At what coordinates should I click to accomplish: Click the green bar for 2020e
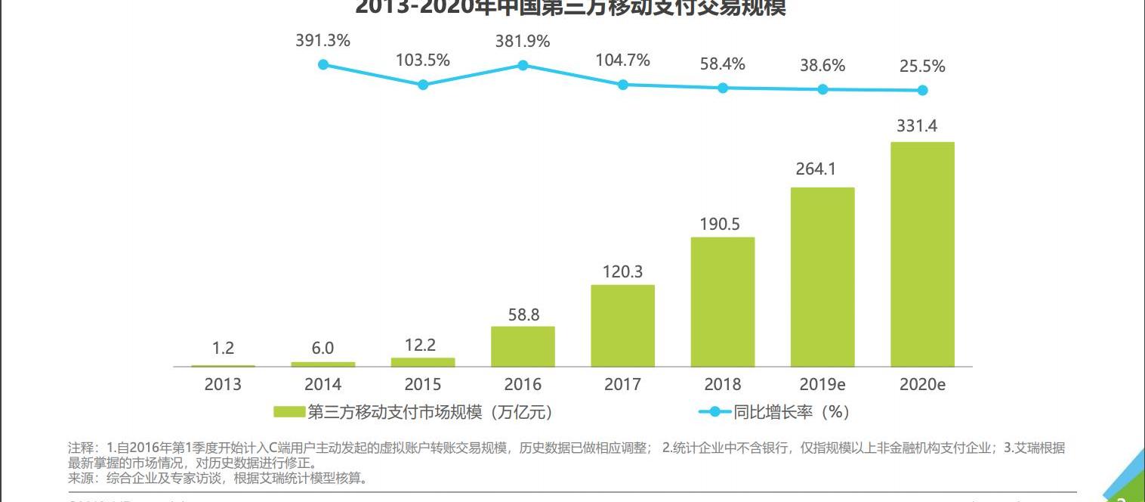[x=922, y=254]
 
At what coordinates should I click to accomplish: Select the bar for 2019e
[x=822, y=277]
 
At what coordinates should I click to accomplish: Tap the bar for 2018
[x=723, y=302]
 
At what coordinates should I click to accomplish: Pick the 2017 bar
[x=622, y=326]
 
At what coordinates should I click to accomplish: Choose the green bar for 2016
[x=523, y=346]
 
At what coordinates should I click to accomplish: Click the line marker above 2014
[x=323, y=64]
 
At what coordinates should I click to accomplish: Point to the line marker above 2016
[x=523, y=65]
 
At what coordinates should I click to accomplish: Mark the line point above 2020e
[x=922, y=90]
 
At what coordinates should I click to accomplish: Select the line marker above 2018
[x=723, y=88]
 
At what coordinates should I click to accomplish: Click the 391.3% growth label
[x=323, y=41]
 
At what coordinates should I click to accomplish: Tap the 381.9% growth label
[x=523, y=42]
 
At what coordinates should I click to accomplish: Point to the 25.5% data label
[x=922, y=67]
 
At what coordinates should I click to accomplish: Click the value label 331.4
[x=917, y=126]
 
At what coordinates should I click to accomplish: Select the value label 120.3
[x=622, y=271]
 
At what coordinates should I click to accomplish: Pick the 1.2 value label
[x=223, y=349]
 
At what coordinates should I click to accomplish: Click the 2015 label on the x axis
[x=423, y=384]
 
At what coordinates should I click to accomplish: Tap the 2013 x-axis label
[x=223, y=384]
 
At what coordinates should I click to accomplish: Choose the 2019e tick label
[x=822, y=384]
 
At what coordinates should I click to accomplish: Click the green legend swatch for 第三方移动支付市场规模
[x=289, y=412]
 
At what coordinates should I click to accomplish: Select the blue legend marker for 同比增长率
[x=714, y=412]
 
